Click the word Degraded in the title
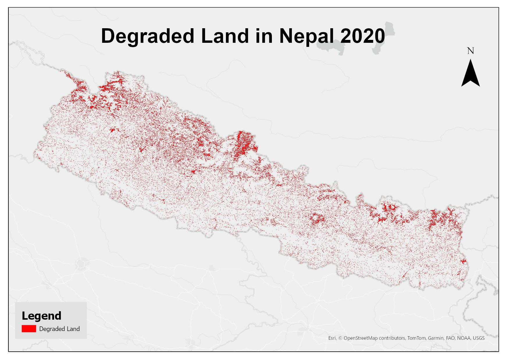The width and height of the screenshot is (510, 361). tap(147, 36)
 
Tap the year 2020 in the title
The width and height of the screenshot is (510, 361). tap(363, 36)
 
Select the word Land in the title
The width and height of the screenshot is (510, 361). tap(225, 36)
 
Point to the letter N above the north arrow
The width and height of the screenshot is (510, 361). tap(470, 51)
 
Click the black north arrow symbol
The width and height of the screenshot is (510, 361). tap(470, 74)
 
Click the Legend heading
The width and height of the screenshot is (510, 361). tap(42, 316)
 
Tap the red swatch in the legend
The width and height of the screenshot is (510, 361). tap(29, 329)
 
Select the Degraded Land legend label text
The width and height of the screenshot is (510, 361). tap(59, 329)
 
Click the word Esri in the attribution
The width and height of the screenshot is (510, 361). tap(332, 338)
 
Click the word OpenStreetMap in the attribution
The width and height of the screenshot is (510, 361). tap(361, 338)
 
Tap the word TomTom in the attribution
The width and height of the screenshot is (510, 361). tap(416, 338)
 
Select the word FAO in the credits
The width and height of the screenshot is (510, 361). tap(450, 338)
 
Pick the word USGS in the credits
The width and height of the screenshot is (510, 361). tap(479, 338)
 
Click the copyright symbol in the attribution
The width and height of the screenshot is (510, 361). tap(340, 338)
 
